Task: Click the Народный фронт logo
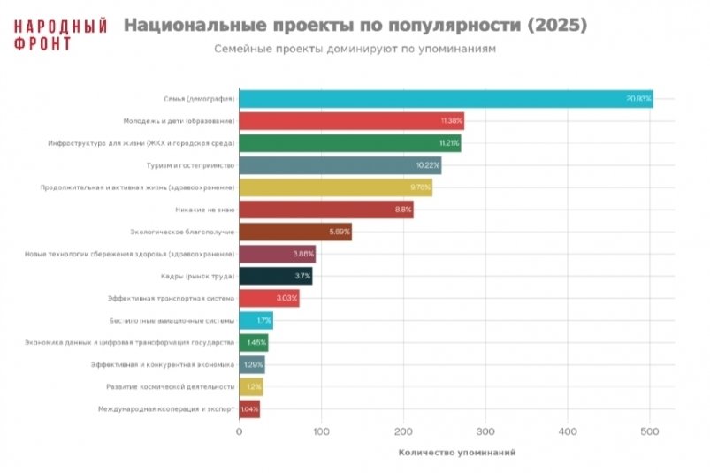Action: [60, 34]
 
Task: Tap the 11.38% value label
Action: [451, 121]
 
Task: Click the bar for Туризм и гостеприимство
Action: [340, 165]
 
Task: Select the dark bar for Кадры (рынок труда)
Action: [274, 277]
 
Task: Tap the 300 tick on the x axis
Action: [485, 431]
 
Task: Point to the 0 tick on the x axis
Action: [239, 431]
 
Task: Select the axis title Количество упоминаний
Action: [456, 453]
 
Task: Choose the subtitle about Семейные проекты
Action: [355, 49]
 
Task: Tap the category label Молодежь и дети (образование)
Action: [177, 120]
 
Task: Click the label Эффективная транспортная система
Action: [171, 298]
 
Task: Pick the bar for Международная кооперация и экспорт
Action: [249, 409]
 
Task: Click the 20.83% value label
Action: [638, 98]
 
